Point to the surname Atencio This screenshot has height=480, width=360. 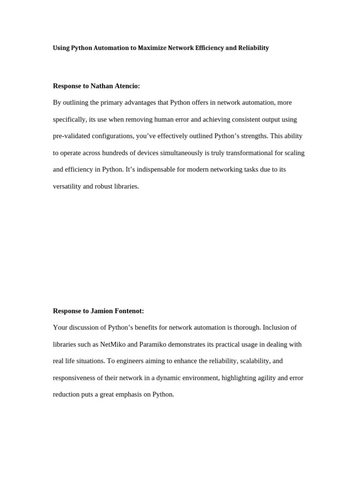tap(127, 86)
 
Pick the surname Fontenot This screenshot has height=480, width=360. tap(130, 311)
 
